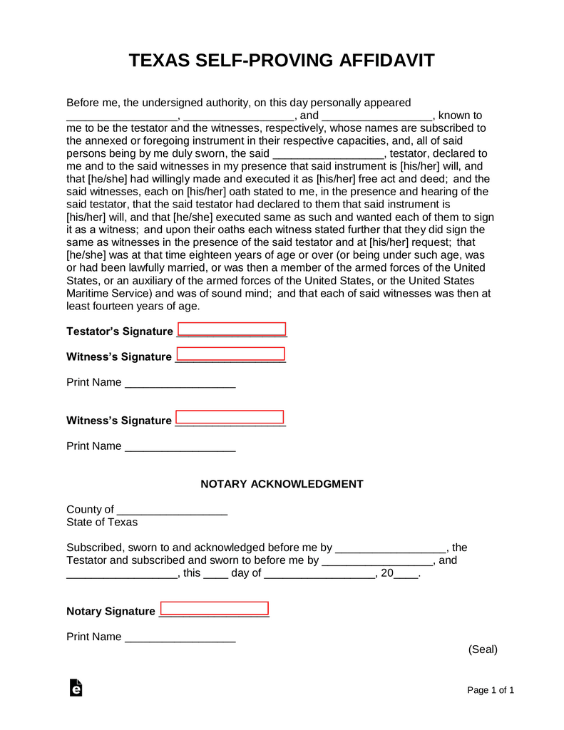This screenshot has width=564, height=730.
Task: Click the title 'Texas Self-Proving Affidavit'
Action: click(282, 61)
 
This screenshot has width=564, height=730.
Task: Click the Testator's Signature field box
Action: click(232, 329)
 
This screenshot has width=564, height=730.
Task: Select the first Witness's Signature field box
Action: click(230, 354)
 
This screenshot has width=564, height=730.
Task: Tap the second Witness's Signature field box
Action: click(230, 418)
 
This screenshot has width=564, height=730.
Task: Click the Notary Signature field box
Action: click(215, 609)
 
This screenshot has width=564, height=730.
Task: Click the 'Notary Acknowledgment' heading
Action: click(282, 484)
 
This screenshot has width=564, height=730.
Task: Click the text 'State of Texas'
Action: click(102, 522)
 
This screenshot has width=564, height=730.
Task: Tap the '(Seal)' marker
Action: click(483, 649)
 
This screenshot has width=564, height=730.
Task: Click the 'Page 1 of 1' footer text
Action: click(491, 690)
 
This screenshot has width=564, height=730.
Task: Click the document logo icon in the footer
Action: click(76, 687)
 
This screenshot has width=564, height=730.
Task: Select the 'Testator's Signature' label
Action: click(119, 331)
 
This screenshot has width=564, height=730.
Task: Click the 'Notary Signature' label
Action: click(111, 612)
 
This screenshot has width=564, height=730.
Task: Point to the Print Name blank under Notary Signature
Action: click(180, 638)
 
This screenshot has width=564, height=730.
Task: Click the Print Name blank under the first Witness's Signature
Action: click(180, 384)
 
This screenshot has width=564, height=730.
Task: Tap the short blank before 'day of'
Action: click(215, 574)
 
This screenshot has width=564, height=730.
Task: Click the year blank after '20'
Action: click(406, 574)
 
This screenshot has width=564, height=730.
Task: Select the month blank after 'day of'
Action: click(319, 574)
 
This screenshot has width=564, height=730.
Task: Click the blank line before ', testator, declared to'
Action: click(328, 155)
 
